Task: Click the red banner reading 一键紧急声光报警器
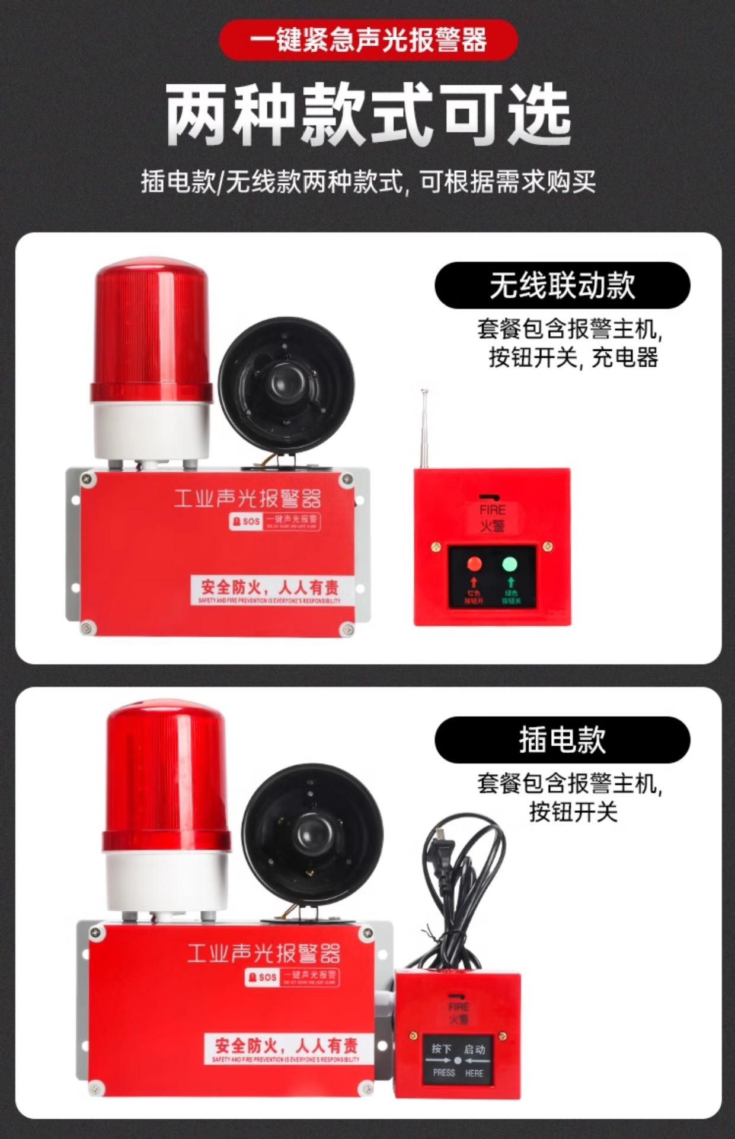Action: pos(368,40)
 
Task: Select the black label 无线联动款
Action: pos(562,285)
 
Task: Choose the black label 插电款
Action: pos(562,740)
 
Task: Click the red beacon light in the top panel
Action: pos(152,332)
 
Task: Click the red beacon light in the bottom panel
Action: pos(165,783)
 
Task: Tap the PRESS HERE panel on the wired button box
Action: pos(458,1061)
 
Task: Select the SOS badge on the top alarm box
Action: pos(246,521)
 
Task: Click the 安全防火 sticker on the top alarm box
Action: pos(270,590)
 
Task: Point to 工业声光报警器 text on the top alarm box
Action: pos(247,498)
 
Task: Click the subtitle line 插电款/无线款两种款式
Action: pos(368,182)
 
